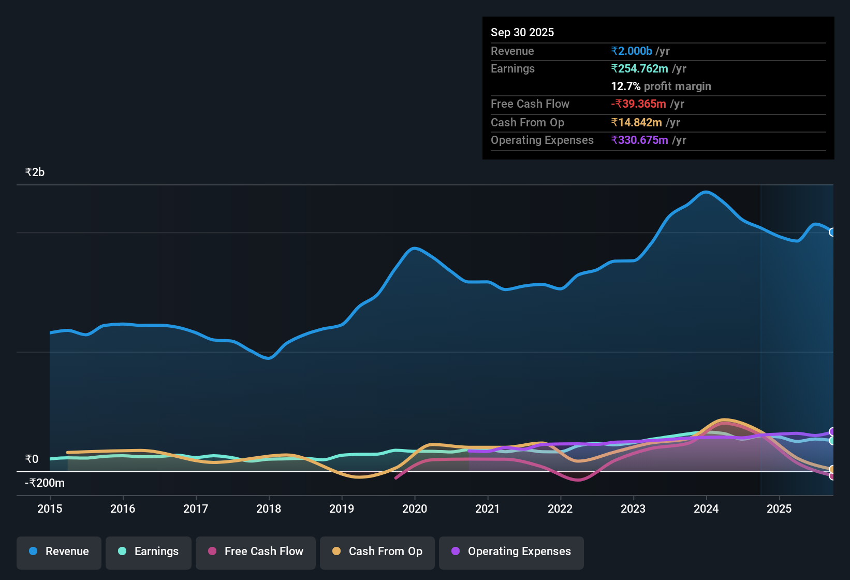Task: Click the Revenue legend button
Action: tap(59, 552)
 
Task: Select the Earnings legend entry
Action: tap(149, 552)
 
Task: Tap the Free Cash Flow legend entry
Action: tap(256, 552)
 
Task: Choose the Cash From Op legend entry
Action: tap(377, 552)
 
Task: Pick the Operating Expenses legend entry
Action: tap(511, 552)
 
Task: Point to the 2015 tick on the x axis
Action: tap(50, 509)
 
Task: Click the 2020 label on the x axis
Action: tap(415, 509)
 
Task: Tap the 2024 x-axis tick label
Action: tap(706, 509)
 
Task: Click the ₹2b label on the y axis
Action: tap(35, 172)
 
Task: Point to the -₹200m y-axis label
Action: tap(45, 483)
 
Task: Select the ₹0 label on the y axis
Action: tap(32, 459)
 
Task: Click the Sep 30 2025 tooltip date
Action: tap(522, 33)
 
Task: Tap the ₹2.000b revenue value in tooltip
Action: tap(632, 51)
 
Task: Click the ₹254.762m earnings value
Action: tap(640, 69)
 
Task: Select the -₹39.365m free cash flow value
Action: tap(638, 104)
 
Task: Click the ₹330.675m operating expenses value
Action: tap(640, 140)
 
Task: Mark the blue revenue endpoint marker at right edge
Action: tap(832, 232)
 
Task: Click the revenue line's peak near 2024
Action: tap(706, 192)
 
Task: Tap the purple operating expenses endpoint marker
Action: tap(832, 432)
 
